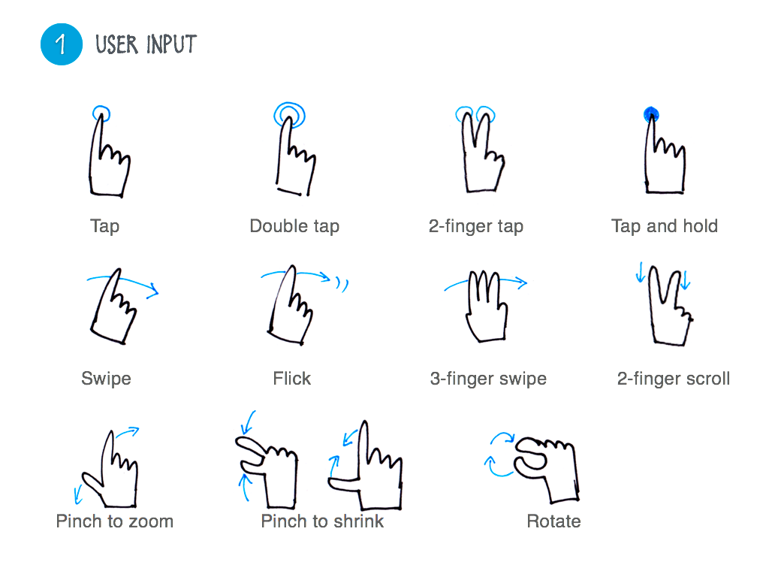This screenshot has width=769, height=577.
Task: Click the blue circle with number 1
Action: coord(62,44)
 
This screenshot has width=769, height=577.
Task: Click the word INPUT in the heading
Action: coord(171,44)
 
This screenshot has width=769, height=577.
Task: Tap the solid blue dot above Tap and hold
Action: coord(651,114)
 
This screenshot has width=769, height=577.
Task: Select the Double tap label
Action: coord(294,226)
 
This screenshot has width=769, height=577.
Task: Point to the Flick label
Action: coord(292,379)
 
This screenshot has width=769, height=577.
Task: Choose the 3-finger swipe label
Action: coord(488,379)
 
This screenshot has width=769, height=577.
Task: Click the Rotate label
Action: coord(553,521)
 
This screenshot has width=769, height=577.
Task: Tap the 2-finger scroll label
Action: coord(674,379)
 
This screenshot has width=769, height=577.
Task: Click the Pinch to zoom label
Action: coord(115,521)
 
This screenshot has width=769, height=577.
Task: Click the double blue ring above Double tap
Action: coord(289,116)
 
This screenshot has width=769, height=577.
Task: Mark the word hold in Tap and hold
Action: coord(701,226)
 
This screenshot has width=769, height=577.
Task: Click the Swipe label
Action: coord(106,379)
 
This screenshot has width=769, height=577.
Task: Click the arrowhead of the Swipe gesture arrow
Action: coord(154,290)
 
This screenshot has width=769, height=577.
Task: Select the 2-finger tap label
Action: coord(475,226)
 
